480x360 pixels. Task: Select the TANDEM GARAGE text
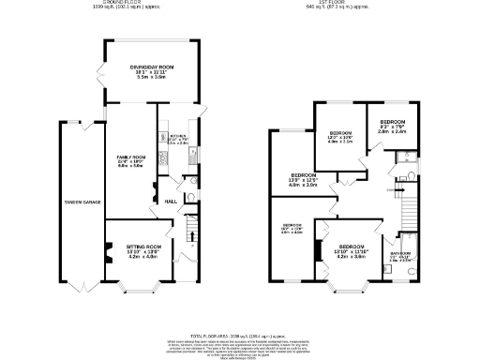(82, 202)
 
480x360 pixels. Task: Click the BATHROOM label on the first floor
(409, 251)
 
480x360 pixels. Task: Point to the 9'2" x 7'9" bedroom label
(391, 123)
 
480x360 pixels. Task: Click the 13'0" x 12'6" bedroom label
(304, 175)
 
